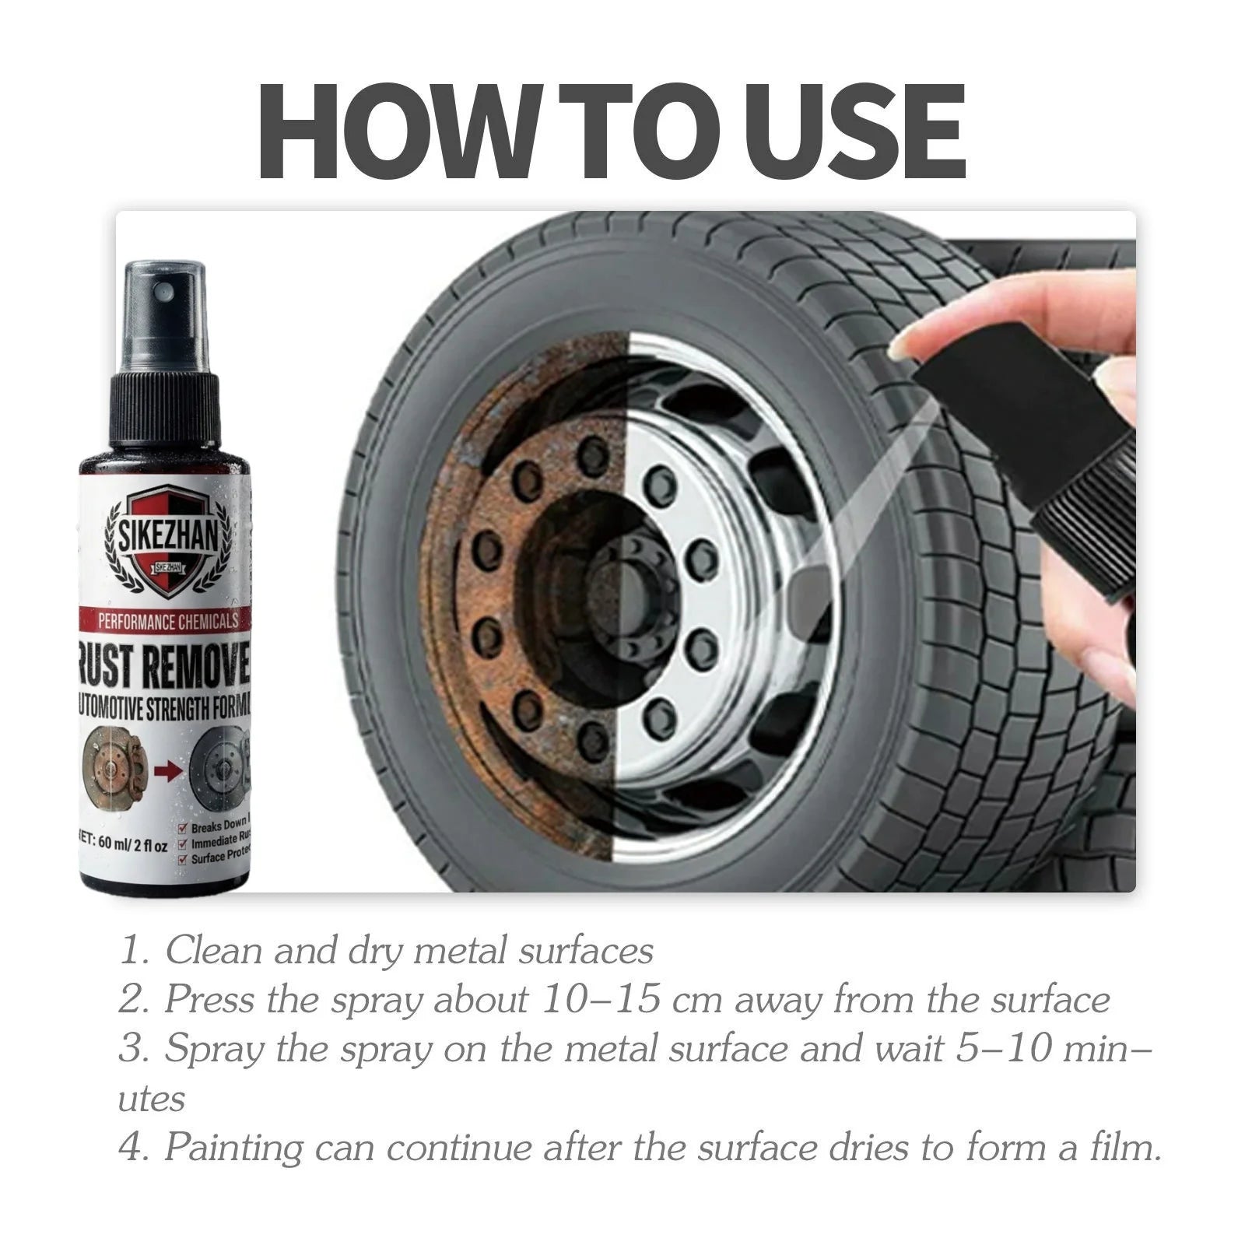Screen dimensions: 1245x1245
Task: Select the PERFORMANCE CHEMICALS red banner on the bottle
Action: point(167,620)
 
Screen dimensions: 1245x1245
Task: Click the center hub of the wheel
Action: point(622,591)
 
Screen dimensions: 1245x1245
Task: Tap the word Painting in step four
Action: point(233,1148)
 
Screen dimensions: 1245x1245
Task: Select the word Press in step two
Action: point(209,1000)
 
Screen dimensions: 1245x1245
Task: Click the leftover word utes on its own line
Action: point(152,1099)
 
